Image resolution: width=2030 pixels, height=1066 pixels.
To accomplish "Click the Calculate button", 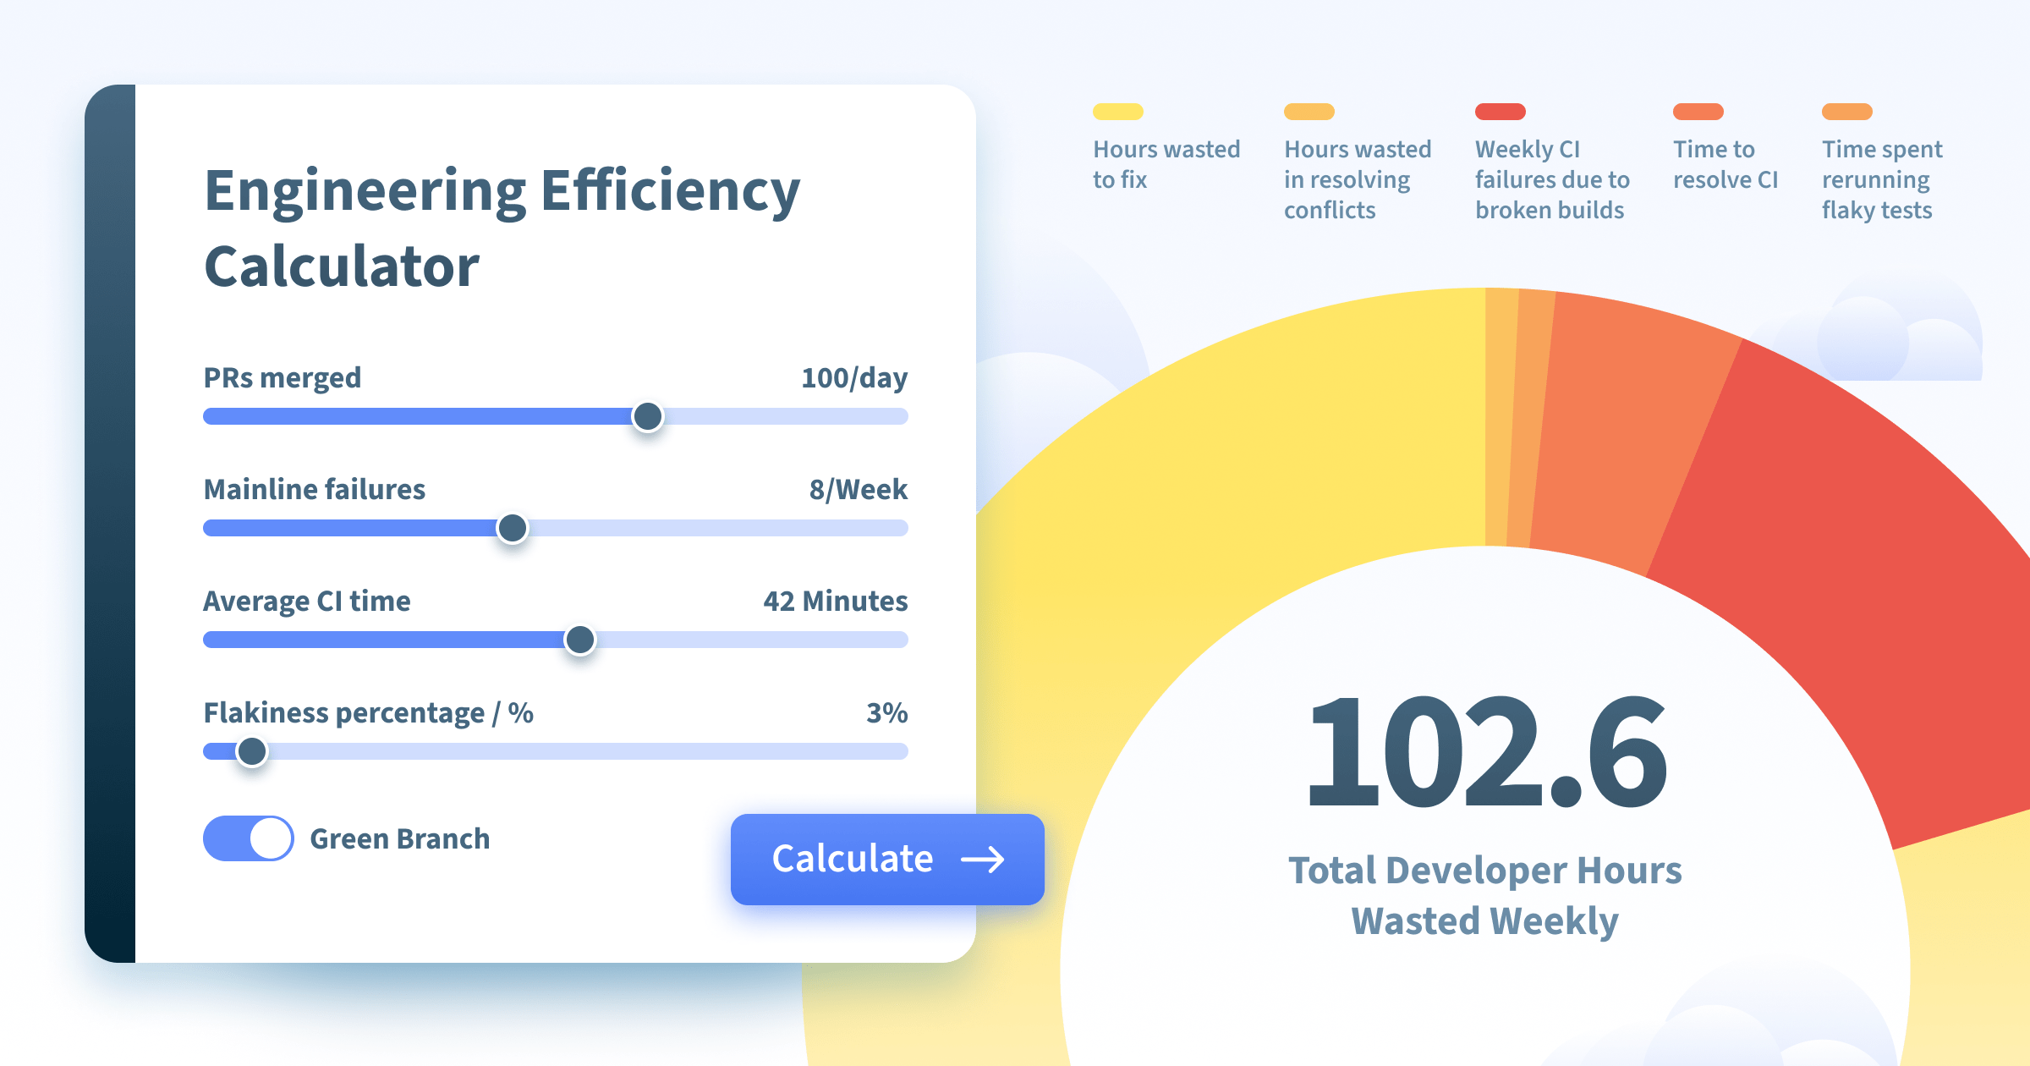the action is click(887, 859).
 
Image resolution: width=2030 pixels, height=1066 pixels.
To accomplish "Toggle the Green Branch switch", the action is click(248, 838).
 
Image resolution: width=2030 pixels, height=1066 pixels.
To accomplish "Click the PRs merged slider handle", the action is click(648, 416).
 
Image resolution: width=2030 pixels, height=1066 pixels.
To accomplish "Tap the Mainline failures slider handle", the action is click(512, 528).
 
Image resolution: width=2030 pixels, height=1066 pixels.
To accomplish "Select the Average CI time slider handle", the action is click(579, 640).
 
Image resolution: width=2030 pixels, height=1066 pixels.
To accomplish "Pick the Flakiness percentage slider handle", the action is click(251, 751).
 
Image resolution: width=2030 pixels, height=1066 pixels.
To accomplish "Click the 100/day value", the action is click(854, 378).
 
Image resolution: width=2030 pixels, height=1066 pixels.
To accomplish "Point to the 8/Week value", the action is click(859, 490).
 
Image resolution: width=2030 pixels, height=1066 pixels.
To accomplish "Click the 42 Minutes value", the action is click(836, 601).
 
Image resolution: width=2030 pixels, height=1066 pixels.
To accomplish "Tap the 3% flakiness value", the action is click(887, 712).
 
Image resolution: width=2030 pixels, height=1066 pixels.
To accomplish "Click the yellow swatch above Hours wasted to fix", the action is click(1118, 112).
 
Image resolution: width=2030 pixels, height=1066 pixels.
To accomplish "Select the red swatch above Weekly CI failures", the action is click(1501, 112).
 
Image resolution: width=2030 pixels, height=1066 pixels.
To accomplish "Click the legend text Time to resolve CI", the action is click(1725, 164).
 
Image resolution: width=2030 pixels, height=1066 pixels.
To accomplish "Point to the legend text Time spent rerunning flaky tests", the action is click(1882, 179).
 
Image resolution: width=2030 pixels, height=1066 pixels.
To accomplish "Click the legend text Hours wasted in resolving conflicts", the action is click(1358, 179).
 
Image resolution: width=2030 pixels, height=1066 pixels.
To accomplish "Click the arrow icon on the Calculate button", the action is click(983, 860).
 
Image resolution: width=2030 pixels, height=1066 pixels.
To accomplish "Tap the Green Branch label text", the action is click(400, 838).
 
